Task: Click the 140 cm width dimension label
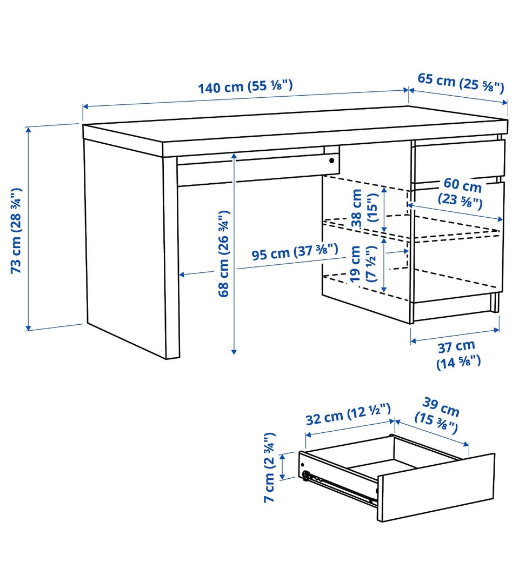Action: (x=245, y=86)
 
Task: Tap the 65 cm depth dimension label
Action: (x=461, y=83)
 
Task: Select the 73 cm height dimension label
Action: (x=16, y=231)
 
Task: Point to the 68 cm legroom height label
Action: (x=224, y=254)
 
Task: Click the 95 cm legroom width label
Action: (x=295, y=252)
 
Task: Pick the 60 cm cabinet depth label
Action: (x=461, y=192)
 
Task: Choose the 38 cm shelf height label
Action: (x=364, y=208)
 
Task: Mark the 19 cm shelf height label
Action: (x=364, y=264)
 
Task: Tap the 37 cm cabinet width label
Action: (x=458, y=355)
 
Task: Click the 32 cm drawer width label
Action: (x=348, y=414)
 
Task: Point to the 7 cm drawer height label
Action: (x=270, y=467)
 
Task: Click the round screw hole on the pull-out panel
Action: (x=331, y=160)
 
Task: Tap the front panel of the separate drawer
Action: (x=436, y=486)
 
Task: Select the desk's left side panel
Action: (x=124, y=241)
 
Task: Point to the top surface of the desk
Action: (x=296, y=124)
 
